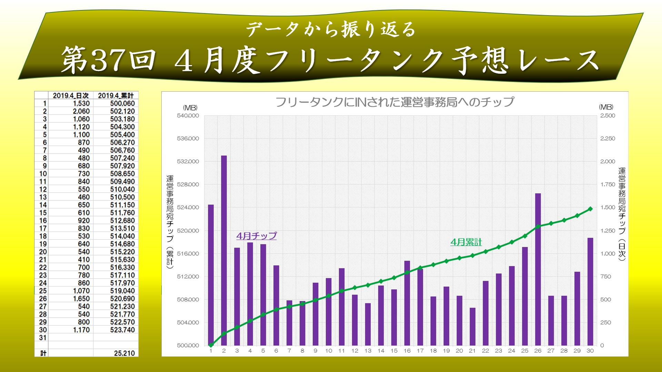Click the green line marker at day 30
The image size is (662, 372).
(x=590, y=209)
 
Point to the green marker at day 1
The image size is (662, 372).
(x=211, y=345)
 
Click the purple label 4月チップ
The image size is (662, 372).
(x=257, y=236)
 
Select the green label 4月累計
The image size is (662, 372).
(x=466, y=242)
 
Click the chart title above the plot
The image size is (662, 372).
(x=395, y=102)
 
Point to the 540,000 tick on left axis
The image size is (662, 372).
(x=188, y=116)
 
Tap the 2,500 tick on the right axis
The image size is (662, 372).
(x=608, y=116)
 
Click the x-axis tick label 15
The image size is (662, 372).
(x=394, y=351)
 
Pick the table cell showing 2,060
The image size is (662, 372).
(x=81, y=111)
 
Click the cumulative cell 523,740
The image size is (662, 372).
(x=122, y=330)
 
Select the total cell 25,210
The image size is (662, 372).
(x=124, y=353)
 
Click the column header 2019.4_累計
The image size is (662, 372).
(x=116, y=95)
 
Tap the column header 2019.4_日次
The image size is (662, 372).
(x=71, y=95)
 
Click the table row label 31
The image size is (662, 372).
(x=43, y=338)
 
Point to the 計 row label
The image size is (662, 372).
(x=43, y=353)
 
